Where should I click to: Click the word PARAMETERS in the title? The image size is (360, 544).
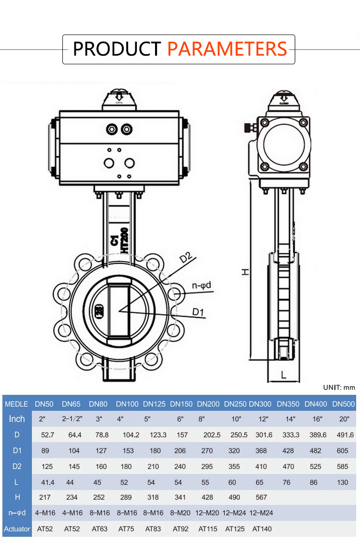point(227,49)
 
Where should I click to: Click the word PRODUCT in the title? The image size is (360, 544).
point(117,49)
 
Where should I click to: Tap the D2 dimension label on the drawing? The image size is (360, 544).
point(186,258)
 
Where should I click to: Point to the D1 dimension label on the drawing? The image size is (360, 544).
point(198,312)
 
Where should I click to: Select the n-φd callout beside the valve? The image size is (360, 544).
point(202,286)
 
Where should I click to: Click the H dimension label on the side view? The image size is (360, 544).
point(245,272)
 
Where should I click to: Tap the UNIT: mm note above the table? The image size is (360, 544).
point(339,387)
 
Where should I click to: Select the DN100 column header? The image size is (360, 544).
point(127,404)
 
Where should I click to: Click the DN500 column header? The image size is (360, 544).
point(343,404)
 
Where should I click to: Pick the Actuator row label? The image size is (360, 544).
point(17,529)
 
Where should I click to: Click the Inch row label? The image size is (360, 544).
point(17,419)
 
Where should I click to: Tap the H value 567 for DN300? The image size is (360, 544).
point(261,497)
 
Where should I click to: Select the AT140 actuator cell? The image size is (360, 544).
point(262,529)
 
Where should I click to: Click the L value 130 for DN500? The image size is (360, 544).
point(343,482)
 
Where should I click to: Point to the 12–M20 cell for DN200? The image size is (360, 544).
point(207,513)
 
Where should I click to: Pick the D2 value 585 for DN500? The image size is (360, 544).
point(343,466)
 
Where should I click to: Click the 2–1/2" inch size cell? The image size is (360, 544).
point(72,419)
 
